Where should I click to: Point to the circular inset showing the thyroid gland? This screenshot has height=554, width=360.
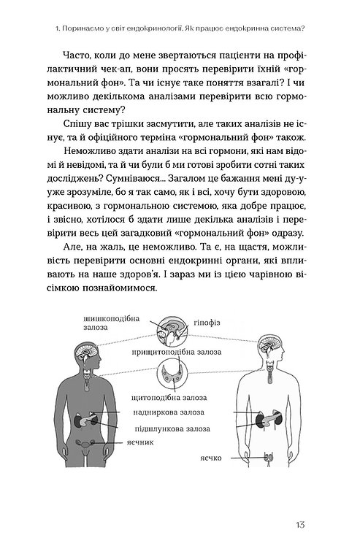pyautogui.click(x=180, y=375)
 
